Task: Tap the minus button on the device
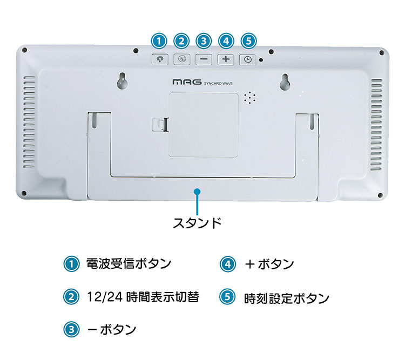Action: tap(204, 59)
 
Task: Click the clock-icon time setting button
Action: tap(248, 60)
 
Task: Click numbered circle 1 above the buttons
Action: tap(159, 41)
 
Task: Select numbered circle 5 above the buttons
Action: tap(248, 41)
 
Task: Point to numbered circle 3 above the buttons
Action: tap(204, 41)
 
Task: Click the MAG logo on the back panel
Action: tap(187, 82)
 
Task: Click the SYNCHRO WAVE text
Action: tap(218, 84)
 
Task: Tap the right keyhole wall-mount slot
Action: tap(285, 82)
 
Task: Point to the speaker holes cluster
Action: tap(250, 97)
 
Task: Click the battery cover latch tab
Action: tap(160, 125)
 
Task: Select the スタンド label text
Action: tap(197, 223)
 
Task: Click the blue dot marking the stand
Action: tap(197, 192)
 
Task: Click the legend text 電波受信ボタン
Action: tap(129, 264)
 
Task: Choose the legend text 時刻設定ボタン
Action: tap(287, 298)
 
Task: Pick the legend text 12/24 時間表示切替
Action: tap(143, 297)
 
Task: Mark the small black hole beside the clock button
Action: tap(261, 60)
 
